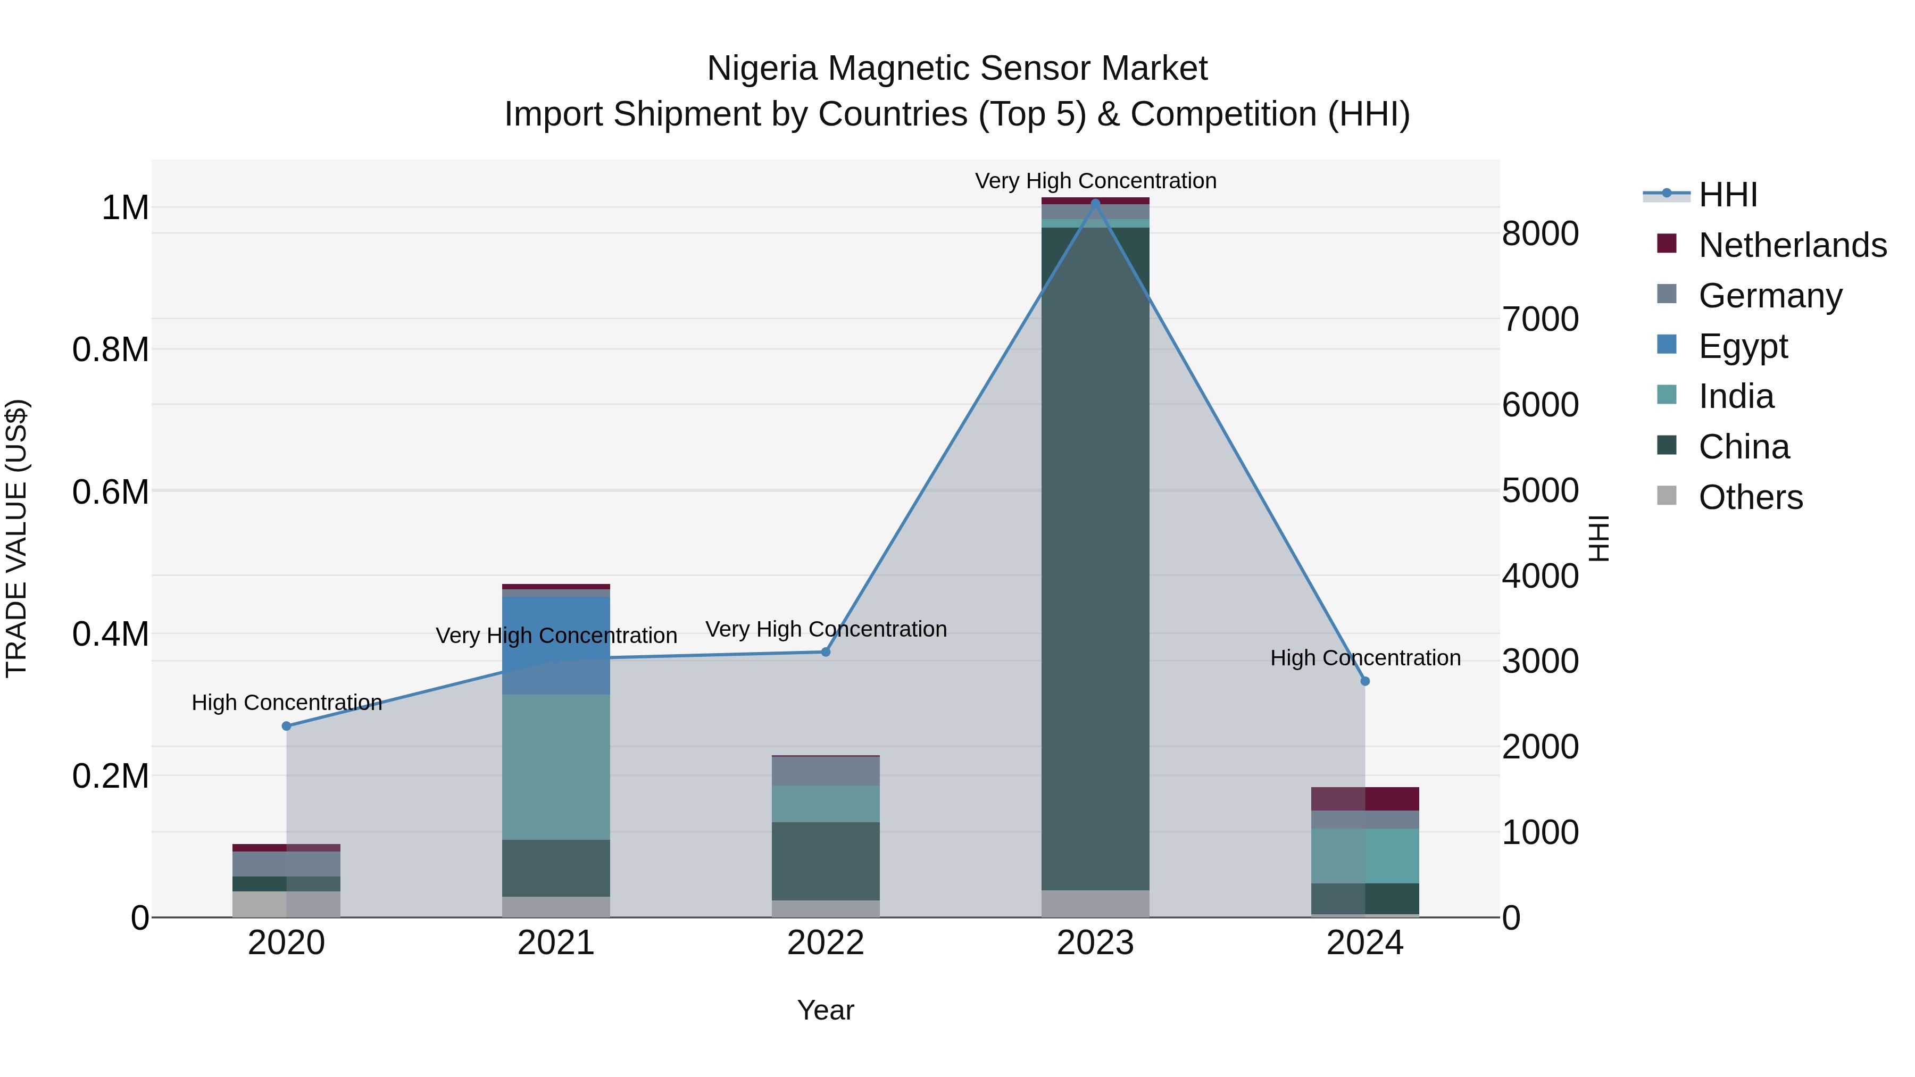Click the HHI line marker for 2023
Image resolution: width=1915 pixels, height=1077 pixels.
click(1095, 203)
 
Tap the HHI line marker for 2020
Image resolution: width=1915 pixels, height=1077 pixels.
click(286, 726)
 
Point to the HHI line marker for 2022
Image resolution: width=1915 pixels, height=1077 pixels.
click(825, 652)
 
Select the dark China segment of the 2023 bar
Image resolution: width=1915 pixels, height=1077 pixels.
click(1095, 557)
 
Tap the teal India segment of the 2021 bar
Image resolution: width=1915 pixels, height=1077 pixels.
click(556, 765)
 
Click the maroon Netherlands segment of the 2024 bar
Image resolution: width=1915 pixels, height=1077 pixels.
click(1365, 798)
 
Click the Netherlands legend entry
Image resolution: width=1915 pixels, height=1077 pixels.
click(1792, 245)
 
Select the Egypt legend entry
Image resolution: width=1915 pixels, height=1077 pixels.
click(1743, 346)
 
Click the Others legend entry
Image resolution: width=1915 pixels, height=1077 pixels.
click(1750, 497)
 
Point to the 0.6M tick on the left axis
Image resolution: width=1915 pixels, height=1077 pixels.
click(110, 492)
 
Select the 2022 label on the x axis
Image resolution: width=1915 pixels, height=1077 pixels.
click(825, 943)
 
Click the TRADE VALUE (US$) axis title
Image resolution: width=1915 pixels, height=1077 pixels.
click(16, 538)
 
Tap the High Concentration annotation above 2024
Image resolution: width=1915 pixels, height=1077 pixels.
click(1365, 658)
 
